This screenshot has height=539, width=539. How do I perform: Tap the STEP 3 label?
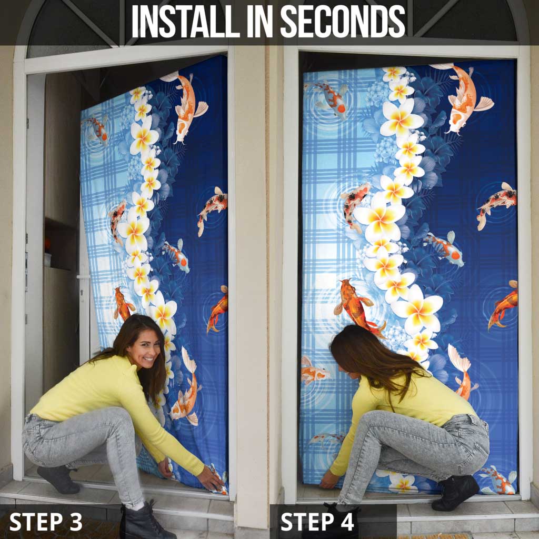tap(46, 521)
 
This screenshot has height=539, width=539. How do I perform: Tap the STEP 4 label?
tap(317, 521)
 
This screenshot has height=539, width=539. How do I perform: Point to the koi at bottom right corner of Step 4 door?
tap(498, 480)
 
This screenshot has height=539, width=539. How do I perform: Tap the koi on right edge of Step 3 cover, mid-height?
tap(213, 208)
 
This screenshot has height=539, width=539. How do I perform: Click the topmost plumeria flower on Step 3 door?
tap(138, 95)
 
